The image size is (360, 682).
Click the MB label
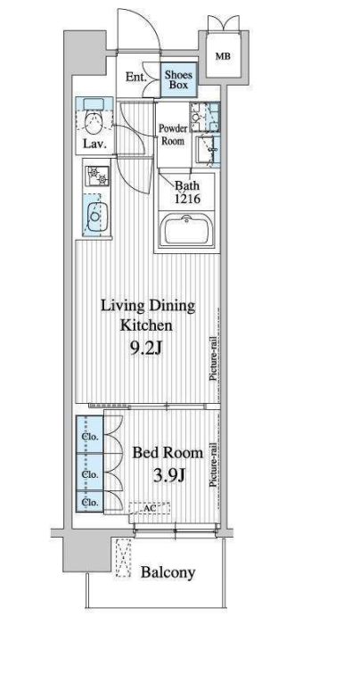tap(223, 56)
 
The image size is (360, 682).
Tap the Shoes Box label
tap(179, 79)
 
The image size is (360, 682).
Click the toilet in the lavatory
tap(93, 122)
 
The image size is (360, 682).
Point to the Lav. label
tap(94, 144)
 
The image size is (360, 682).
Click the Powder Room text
tap(173, 135)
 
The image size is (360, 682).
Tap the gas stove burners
tap(97, 176)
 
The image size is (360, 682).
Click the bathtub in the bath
tap(187, 230)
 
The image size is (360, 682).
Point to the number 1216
tap(187, 199)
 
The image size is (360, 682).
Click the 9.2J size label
tap(146, 348)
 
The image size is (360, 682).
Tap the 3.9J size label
tap(170, 475)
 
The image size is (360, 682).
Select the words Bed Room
tap(168, 453)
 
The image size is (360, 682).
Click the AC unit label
tap(151, 506)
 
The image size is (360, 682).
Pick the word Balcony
tap(168, 572)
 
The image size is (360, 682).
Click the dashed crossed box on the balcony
tap(124, 558)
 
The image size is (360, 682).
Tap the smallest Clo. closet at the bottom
tap(90, 502)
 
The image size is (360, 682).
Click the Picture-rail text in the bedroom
tap(214, 464)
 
